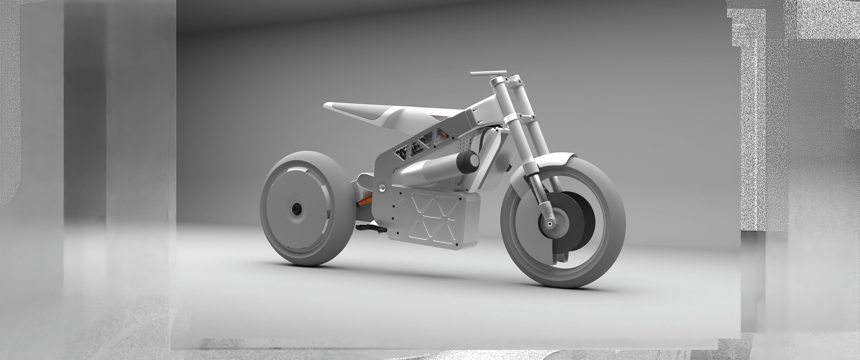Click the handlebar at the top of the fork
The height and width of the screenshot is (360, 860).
tap(488, 73)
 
